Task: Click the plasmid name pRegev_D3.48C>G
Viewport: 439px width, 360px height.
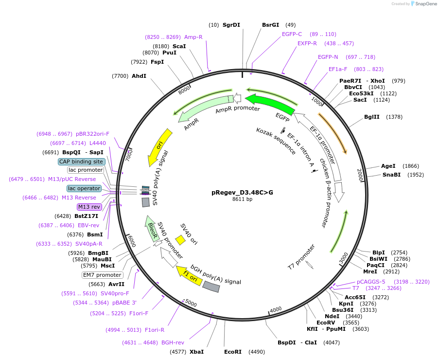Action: click(x=242, y=192)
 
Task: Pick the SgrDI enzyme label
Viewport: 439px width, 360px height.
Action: click(x=231, y=25)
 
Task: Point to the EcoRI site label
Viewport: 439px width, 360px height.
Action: click(x=233, y=351)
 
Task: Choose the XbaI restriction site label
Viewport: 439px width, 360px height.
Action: click(x=196, y=351)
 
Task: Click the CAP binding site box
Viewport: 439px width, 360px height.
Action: click(x=81, y=162)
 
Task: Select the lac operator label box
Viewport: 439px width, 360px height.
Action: click(x=84, y=188)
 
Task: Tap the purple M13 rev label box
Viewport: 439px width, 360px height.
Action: click(x=88, y=207)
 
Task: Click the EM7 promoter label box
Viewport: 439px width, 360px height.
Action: click(x=102, y=275)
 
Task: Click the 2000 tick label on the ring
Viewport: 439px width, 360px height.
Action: click(x=360, y=175)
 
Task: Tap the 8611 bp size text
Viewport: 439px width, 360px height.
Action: click(x=242, y=199)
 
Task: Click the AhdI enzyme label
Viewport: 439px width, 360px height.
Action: click(x=139, y=76)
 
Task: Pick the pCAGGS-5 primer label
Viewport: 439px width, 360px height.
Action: click(x=371, y=281)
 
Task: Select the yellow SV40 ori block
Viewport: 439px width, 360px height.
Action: click(x=180, y=240)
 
